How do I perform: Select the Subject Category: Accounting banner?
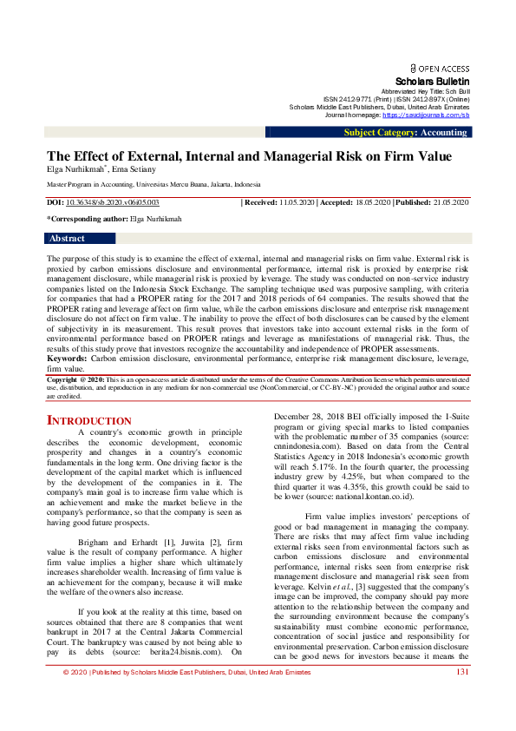[404, 133]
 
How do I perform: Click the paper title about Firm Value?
[249, 156]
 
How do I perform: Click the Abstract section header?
[67, 238]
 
